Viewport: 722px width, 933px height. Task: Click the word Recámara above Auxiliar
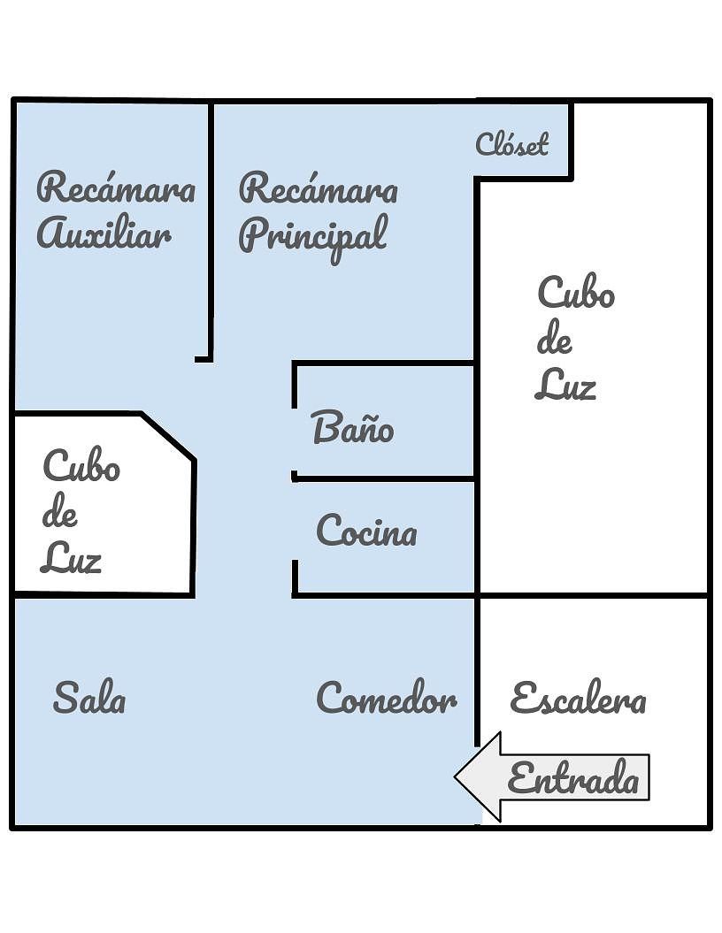(x=116, y=188)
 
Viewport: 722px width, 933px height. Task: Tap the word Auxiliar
(x=104, y=234)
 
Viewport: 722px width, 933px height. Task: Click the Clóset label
(x=512, y=143)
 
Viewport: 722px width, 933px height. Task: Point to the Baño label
(x=353, y=428)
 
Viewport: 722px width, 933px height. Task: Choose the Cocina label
(x=366, y=532)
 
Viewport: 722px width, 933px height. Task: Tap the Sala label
(x=89, y=699)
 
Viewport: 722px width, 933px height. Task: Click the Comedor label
(x=387, y=699)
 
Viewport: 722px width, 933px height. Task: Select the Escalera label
(x=578, y=699)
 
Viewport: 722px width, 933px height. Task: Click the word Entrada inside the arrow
(x=573, y=779)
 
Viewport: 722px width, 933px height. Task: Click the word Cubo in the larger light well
(x=576, y=294)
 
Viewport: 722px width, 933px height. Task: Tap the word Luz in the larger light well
(x=565, y=385)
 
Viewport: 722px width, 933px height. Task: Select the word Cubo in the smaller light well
(x=81, y=466)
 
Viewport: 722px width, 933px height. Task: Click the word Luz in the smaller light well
(x=71, y=558)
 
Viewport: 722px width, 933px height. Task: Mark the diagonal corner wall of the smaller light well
(x=168, y=436)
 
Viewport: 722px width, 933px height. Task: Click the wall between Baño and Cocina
(x=385, y=478)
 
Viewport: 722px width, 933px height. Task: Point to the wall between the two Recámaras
(x=211, y=230)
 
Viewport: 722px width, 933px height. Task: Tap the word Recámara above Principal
(x=319, y=188)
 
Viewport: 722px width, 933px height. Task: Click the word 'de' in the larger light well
(x=555, y=340)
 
